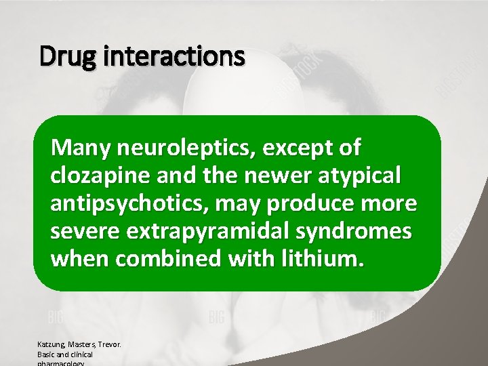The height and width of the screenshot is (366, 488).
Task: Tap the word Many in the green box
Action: tap(82, 147)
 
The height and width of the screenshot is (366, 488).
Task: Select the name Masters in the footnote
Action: tap(85, 344)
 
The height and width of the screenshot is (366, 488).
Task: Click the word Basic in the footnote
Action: tap(47, 354)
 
